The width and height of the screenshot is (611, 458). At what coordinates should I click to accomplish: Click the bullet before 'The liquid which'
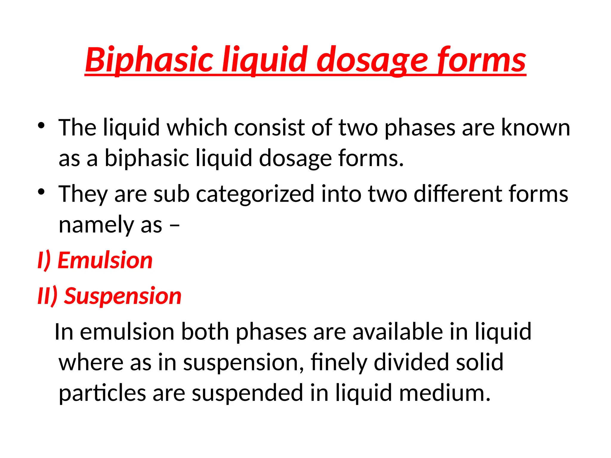pos(41,125)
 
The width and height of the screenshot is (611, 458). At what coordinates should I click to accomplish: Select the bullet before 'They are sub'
pos(41,192)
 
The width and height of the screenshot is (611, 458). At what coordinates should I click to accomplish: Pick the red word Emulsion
pos(105,260)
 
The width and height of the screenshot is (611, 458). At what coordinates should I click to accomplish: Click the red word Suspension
pos(123,296)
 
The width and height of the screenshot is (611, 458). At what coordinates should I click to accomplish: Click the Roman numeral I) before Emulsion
pos(44,260)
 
